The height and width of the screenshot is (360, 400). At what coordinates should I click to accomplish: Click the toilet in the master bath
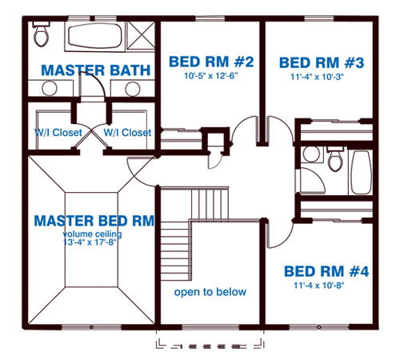point(41,34)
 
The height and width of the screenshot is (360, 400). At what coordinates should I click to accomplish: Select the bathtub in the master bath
point(95,36)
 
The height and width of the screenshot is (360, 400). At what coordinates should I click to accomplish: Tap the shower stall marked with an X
point(141,35)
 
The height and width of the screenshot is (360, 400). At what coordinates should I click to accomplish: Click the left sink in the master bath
point(50,88)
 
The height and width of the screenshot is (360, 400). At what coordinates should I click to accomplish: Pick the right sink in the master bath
point(133,89)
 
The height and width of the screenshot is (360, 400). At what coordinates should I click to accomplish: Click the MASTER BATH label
point(96,70)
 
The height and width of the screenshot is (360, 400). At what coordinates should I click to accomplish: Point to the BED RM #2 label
point(211,62)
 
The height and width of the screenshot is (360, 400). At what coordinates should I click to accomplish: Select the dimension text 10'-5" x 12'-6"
point(211,76)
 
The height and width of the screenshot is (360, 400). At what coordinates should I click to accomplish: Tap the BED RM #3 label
point(322,62)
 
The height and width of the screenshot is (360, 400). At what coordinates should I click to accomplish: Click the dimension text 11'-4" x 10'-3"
point(317,77)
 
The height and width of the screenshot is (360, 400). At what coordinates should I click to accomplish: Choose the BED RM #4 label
point(326,271)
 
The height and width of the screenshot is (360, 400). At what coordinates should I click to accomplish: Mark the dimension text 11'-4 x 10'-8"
point(319,286)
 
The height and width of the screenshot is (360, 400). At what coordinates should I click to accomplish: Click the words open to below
point(210,292)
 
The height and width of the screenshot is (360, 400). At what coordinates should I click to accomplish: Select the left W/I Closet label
point(58,132)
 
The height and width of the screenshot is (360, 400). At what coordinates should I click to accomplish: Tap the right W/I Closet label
point(127,132)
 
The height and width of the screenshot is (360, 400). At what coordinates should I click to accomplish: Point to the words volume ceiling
point(92,234)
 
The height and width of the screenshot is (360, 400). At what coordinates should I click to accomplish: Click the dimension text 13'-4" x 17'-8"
point(90,242)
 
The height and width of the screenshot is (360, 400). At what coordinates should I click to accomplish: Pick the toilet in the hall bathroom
point(335,158)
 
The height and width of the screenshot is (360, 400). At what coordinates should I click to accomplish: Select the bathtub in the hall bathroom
point(362,172)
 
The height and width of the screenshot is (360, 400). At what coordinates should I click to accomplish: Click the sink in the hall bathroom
point(311,154)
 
